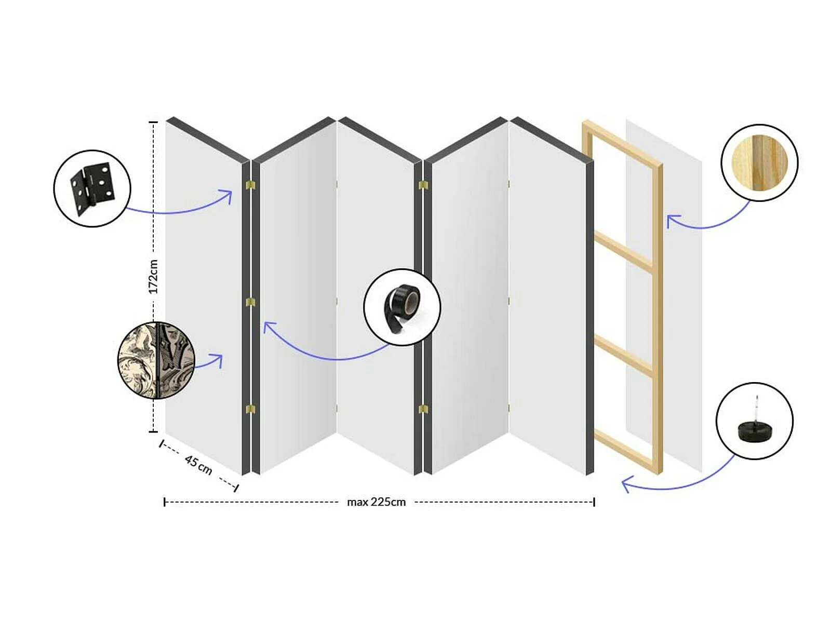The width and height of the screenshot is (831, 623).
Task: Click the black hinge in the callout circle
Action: (93, 189)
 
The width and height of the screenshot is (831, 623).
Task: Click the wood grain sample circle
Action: (759, 162)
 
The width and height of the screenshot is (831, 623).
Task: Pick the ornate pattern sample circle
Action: (156, 360)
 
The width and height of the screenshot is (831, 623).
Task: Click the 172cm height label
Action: (153, 277)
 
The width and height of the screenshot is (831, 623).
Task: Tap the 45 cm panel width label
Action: (198, 465)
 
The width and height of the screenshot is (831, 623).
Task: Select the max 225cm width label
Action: (377, 502)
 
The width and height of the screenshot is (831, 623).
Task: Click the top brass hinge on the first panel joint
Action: (250, 185)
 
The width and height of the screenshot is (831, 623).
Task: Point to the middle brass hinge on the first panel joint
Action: (250, 302)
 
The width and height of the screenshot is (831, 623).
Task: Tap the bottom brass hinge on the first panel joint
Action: (250, 409)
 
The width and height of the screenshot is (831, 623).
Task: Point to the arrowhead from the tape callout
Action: (269, 327)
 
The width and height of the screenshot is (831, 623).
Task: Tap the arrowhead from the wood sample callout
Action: (673, 221)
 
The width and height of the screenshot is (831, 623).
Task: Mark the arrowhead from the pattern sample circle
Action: (217, 360)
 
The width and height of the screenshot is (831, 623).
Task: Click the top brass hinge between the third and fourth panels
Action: (423, 185)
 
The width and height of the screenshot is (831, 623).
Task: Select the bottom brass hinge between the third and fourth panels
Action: (423, 409)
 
